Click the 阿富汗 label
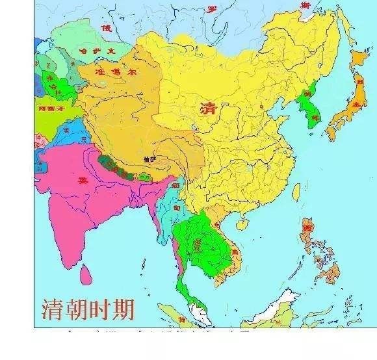[51, 109]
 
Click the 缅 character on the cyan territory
[174, 187]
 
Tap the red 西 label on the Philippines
[307, 229]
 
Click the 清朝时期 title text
[87, 308]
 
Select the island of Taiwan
[294, 192]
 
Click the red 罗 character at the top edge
[211, 8]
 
